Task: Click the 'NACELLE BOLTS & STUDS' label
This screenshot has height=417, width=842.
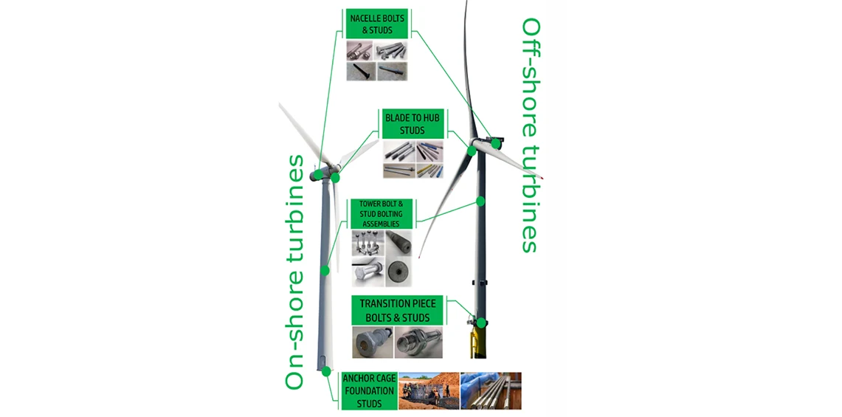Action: [x=377, y=24]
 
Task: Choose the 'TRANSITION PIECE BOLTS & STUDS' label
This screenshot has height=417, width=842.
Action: [x=397, y=310]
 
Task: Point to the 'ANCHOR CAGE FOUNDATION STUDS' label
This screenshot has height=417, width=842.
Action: [x=370, y=390]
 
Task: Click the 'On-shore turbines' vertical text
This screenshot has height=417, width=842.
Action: [x=295, y=272]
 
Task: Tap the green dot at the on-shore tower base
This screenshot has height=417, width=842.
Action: [x=327, y=369]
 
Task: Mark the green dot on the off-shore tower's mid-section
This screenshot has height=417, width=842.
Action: [x=480, y=200]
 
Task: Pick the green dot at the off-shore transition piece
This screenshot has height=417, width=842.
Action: [x=481, y=323]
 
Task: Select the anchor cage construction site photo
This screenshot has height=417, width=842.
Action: [x=428, y=390]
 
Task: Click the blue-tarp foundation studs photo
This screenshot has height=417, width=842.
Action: [x=491, y=390]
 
